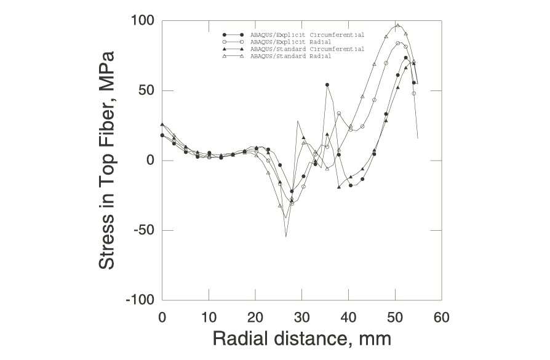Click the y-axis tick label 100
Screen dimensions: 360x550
[x=143, y=21]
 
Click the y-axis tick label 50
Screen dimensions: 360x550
[x=147, y=90]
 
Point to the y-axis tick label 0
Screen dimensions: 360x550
[x=151, y=161]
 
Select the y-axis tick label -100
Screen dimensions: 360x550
[x=140, y=300]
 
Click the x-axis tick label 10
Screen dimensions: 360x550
[x=209, y=318]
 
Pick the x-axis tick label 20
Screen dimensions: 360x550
[x=255, y=318]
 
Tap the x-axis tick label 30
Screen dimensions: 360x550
[x=301, y=318]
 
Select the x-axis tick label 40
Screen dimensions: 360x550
[x=348, y=318]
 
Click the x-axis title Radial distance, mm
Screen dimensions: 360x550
[x=301, y=338]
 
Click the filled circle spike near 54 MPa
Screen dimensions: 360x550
[x=327, y=85]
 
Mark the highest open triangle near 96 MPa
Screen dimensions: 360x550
[x=398, y=26]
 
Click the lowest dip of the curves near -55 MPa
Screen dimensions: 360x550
[x=286, y=236]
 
